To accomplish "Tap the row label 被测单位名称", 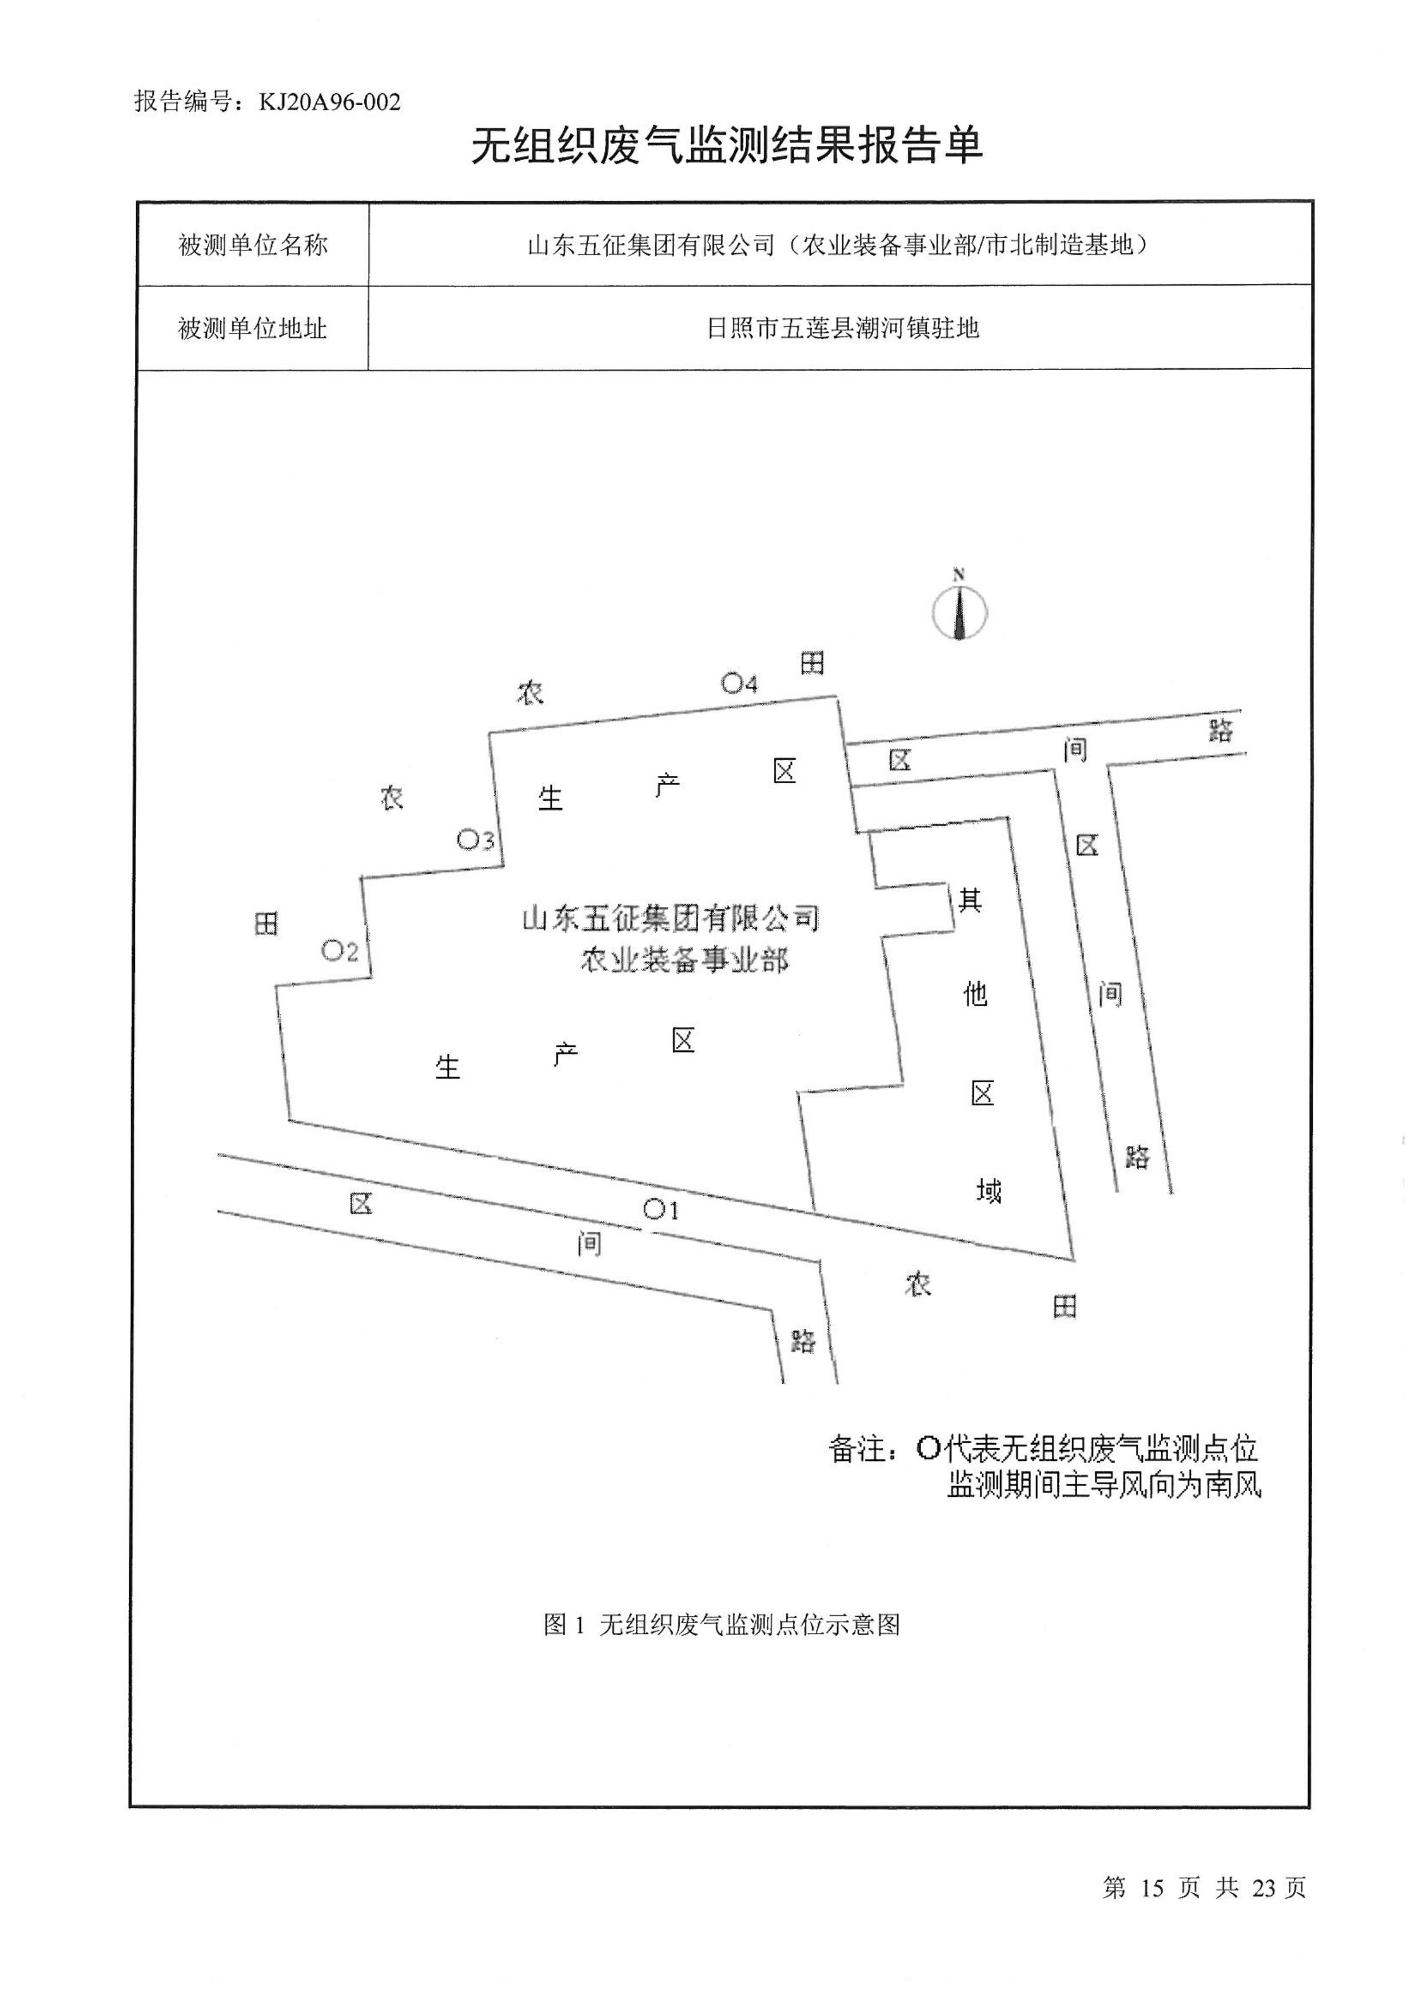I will (x=252, y=245).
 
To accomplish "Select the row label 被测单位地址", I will (x=252, y=328).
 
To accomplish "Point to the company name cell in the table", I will (x=840, y=245).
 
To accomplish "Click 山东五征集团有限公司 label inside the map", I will (x=671, y=919).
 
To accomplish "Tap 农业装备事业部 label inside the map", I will (x=684, y=961).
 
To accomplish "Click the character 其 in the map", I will (x=970, y=899).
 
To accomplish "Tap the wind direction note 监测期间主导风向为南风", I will (x=1104, y=1485).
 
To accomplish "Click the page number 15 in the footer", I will (x=1152, y=1889).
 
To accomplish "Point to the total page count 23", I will (x=1264, y=1889).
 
